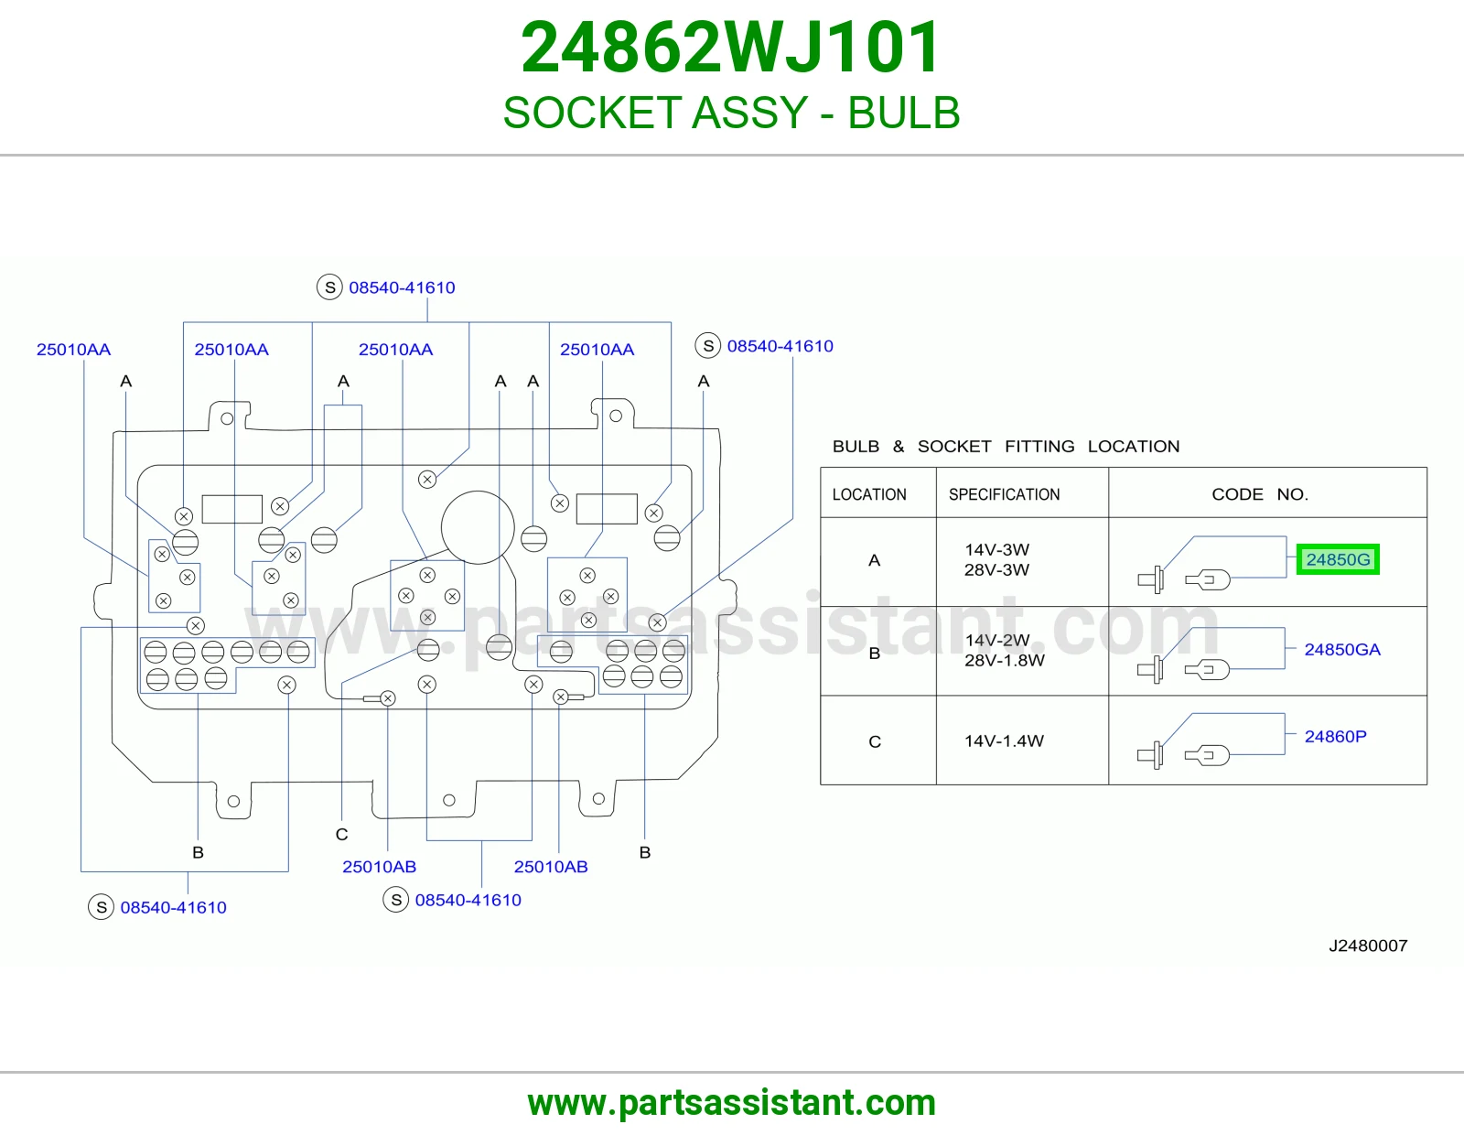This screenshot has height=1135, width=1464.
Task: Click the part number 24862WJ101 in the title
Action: [x=730, y=48]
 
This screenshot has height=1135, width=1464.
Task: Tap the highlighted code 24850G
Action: [x=1338, y=559]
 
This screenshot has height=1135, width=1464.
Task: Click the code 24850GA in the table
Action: [x=1342, y=649]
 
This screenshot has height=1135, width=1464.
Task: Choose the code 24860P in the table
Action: [x=1335, y=736]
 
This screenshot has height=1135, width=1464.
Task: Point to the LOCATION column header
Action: [x=869, y=494]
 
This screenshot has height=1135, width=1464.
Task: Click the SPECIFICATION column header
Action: [x=1004, y=494]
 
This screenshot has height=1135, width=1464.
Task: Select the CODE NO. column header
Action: [x=1260, y=494]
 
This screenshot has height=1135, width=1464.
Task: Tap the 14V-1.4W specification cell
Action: [x=1004, y=740]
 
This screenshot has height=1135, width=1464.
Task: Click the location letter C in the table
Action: [x=875, y=741]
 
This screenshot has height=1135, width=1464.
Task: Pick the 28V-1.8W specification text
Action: [x=1004, y=660]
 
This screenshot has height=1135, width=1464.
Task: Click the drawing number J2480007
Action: [x=1368, y=946]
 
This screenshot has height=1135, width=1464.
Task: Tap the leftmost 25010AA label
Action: [x=73, y=349]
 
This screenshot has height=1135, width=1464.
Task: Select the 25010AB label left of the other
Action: [x=380, y=866]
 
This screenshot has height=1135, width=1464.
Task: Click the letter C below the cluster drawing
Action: [x=341, y=835]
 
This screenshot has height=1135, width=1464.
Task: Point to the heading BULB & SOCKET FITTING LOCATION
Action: [x=1006, y=446]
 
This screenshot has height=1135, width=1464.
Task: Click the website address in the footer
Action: [x=732, y=1103]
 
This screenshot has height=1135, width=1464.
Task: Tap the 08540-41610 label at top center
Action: [x=402, y=287]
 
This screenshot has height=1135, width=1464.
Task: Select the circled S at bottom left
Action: [x=101, y=906]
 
